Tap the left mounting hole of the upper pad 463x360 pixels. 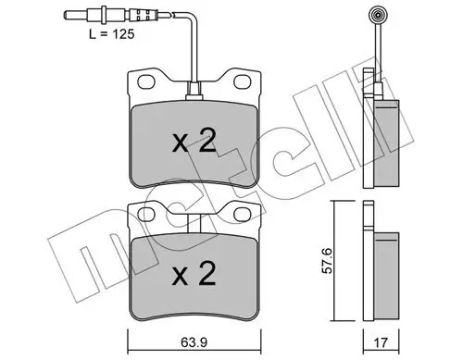pos(146,83)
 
